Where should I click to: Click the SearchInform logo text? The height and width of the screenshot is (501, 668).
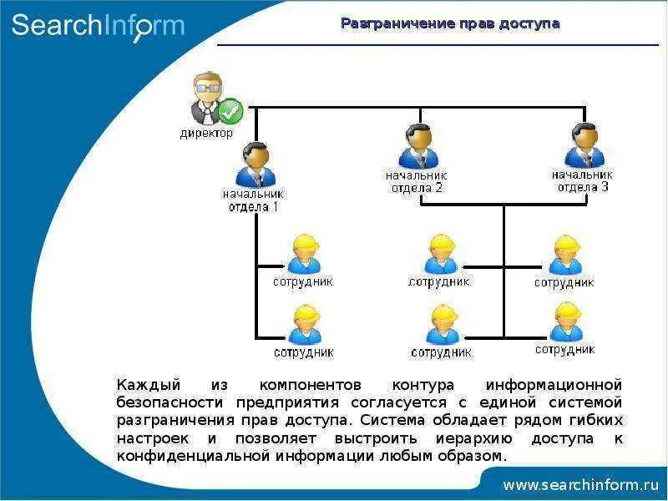pyautogui.click(x=98, y=25)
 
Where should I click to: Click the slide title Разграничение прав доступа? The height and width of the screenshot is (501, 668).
pyautogui.click(x=450, y=23)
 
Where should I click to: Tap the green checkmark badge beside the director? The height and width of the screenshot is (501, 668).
pyautogui.click(x=230, y=110)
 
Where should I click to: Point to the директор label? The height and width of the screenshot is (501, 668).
pyautogui.click(x=206, y=133)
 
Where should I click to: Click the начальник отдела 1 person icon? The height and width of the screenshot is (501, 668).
pyautogui.click(x=255, y=164)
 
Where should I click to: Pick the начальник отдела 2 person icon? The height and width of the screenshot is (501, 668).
pyautogui.click(x=417, y=147)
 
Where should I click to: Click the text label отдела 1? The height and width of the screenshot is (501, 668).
pyautogui.click(x=253, y=206)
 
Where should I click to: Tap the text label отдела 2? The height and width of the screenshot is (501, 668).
pyautogui.click(x=417, y=188)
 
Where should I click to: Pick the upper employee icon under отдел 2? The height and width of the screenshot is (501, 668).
pyautogui.click(x=440, y=254)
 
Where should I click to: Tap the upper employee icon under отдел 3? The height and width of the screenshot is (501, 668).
pyautogui.click(x=564, y=255)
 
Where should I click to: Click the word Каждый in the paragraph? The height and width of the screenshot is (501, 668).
pyautogui.click(x=149, y=385)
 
